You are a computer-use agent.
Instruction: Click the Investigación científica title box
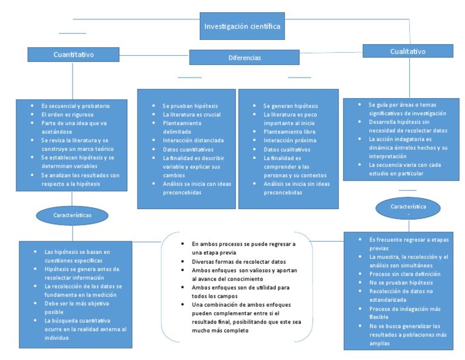[x=242, y=27]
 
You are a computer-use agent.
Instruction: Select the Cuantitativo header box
[x=73, y=55]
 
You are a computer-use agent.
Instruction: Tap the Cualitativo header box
[x=408, y=52]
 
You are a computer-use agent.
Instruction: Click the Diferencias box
[x=244, y=58]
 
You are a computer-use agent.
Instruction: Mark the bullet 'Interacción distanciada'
[x=193, y=140]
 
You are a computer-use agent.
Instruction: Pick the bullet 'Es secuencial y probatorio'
[x=75, y=105]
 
